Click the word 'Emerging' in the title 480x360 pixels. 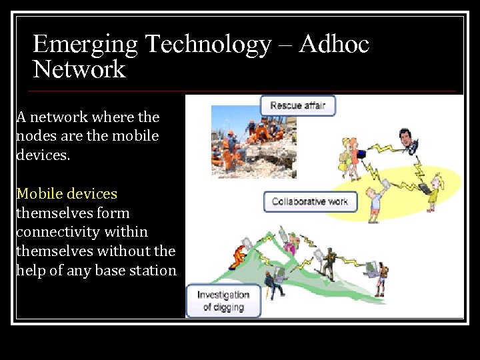point(85,45)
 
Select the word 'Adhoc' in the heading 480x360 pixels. point(334,45)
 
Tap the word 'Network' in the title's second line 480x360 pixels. point(79,69)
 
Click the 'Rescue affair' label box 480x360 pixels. point(298,106)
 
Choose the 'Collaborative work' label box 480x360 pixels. point(310,201)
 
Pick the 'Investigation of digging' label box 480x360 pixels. point(223,301)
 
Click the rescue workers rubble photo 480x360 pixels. point(253,141)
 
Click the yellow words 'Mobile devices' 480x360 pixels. point(67,194)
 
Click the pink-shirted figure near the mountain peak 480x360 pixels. point(291,242)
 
